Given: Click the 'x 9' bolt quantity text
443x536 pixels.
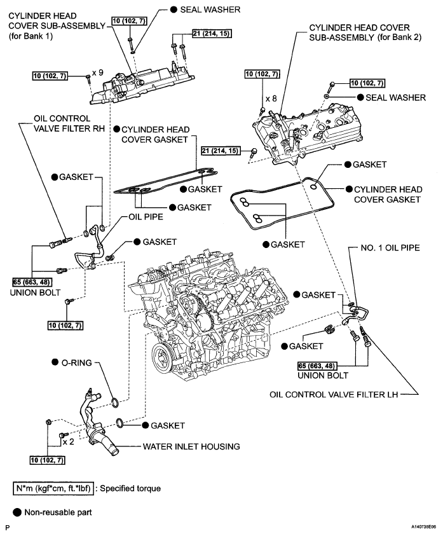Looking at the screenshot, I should coord(97,73).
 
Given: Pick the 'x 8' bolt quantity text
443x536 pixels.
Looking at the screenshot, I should coord(272,99).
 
